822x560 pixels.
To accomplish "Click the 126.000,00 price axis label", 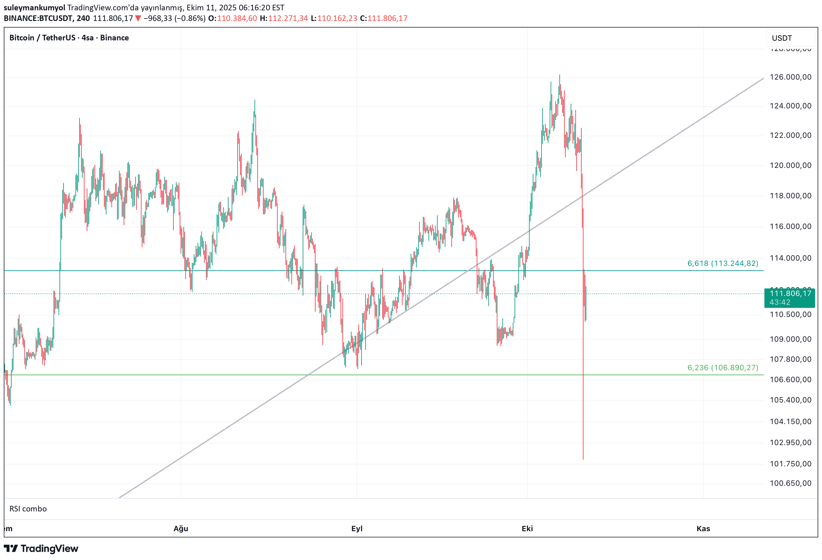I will (790, 77).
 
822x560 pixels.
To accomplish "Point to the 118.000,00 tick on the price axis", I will (790, 196).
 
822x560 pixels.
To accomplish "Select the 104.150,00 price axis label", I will (790, 422).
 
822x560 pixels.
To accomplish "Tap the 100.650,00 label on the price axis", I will (790, 483).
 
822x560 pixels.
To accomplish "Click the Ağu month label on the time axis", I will (181, 528).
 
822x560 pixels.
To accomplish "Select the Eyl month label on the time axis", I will (357, 528).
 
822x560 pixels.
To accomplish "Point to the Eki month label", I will (527, 528).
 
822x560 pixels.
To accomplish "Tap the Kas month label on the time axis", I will (703, 528).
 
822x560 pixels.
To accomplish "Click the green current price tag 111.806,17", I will (789, 297).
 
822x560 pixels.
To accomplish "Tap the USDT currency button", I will (782, 38).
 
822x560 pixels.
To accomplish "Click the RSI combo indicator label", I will (28, 509).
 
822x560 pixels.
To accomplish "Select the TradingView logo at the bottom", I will (41, 548).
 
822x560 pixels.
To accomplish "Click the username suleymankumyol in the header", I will (34, 8).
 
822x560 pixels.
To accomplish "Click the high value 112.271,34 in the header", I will (288, 18).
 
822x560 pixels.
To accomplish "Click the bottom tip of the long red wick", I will (583, 459).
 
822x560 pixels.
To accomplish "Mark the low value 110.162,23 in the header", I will (337, 18).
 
